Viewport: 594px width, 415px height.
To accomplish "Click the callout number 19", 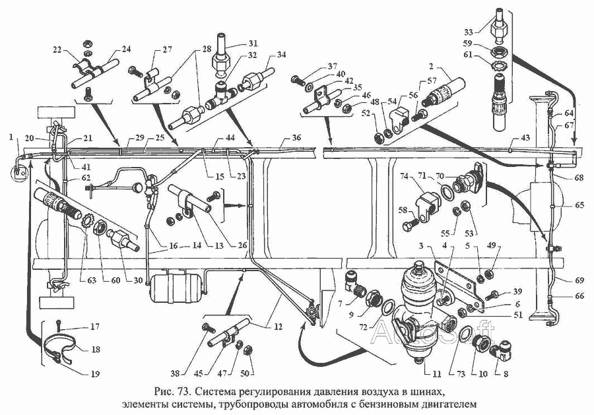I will click(95, 374).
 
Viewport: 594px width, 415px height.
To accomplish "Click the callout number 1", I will click(12, 137).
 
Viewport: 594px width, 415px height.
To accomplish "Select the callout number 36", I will click(296, 137).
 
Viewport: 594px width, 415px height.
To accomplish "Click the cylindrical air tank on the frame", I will click(174, 288).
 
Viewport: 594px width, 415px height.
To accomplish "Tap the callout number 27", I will click(168, 49).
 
